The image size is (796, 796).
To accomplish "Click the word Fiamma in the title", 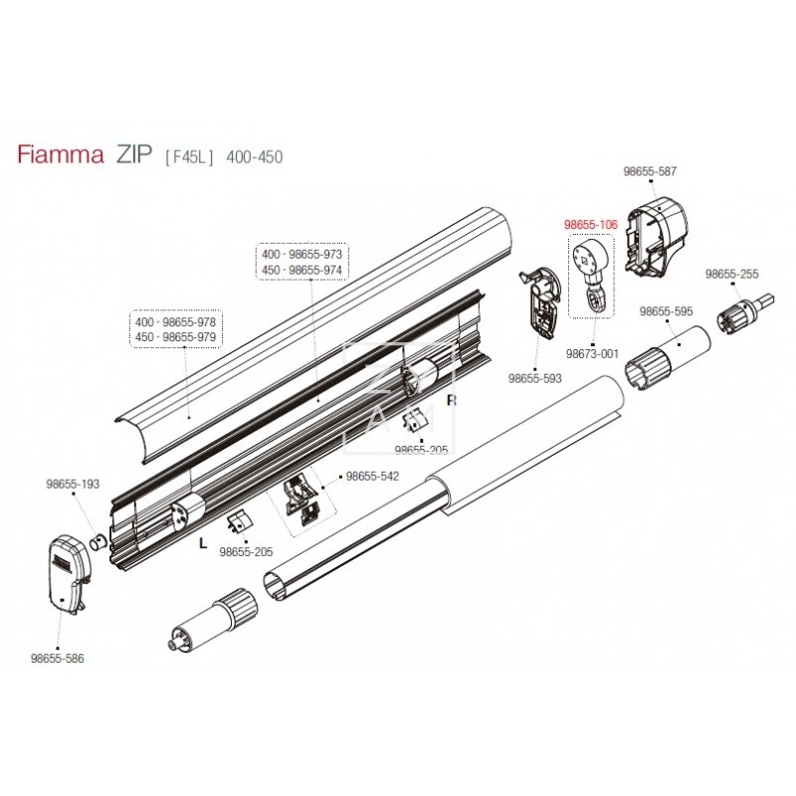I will pyautogui.click(x=60, y=156).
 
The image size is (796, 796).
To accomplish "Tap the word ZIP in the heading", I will pyautogui.click(x=132, y=156).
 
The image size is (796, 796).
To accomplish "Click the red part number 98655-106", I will pyautogui.click(x=591, y=226).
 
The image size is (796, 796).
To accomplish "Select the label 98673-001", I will pyautogui.click(x=592, y=354).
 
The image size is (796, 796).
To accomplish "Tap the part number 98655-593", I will pyautogui.click(x=535, y=378).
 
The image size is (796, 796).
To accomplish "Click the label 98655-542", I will pyautogui.click(x=372, y=477).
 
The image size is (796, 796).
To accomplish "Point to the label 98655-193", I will pyautogui.click(x=74, y=484).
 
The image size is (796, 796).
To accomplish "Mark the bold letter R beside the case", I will pyautogui.click(x=451, y=401).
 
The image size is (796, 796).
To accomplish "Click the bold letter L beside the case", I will pyautogui.click(x=202, y=544).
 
